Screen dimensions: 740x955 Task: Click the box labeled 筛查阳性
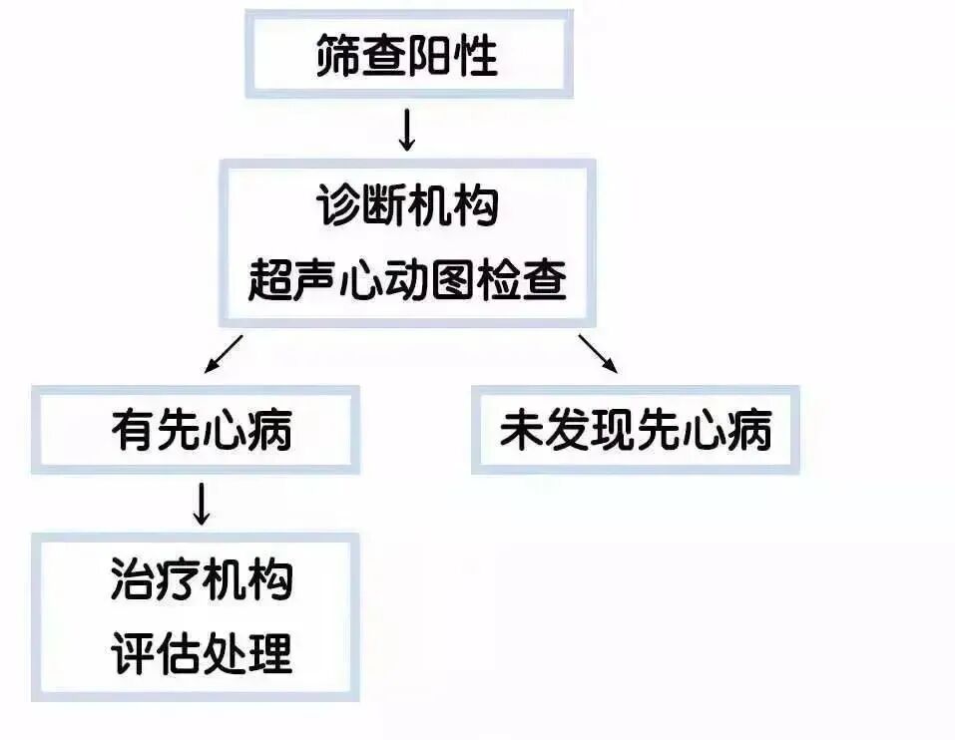pyautogui.click(x=407, y=56)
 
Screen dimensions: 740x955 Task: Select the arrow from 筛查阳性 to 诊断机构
pyautogui.click(x=406, y=130)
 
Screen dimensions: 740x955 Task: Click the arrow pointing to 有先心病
pyautogui.click(x=224, y=353)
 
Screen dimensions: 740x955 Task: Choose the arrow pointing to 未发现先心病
pyautogui.click(x=597, y=353)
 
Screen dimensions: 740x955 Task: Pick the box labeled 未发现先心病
pyautogui.click(x=636, y=430)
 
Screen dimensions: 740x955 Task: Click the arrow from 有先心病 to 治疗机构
pyautogui.click(x=201, y=505)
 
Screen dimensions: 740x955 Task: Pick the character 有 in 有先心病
pyautogui.click(x=133, y=430)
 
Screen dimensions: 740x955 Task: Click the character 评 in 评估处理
pyautogui.click(x=133, y=653)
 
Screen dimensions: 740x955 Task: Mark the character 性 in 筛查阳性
pyautogui.click(x=476, y=56)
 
